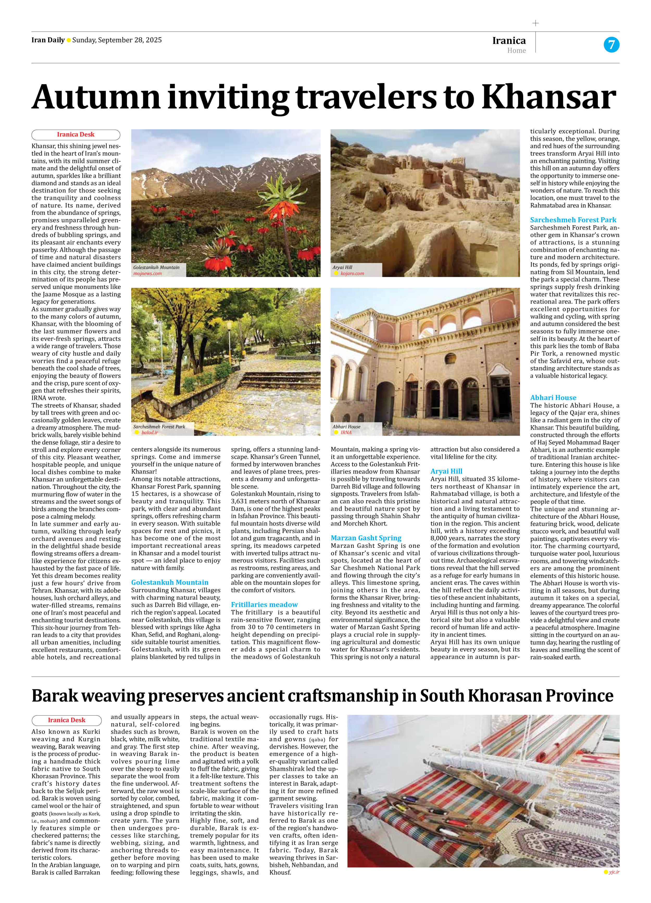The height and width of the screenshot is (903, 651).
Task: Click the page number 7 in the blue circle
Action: pos(611,44)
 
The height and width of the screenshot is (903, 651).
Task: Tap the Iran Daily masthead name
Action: pos(48,40)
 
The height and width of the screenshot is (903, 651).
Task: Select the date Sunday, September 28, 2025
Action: pos(117,40)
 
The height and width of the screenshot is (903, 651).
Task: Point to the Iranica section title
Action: pos(509,41)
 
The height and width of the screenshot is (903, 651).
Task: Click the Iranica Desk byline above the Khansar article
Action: pos(76,135)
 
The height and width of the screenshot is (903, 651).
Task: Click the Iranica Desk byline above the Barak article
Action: pos(66,720)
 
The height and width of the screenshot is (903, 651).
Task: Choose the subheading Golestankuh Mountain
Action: pos(170,582)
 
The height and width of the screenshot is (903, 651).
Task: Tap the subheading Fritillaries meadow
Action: pos(264,604)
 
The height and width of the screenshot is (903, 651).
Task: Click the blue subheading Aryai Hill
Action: pos(446,471)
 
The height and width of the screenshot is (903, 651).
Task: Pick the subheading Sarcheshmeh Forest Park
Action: pos(573,220)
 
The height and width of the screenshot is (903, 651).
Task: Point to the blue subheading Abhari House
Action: pos(553,397)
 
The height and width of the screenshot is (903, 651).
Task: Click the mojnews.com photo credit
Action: pos(147,273)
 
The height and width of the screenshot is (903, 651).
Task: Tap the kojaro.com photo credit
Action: pos(352,273)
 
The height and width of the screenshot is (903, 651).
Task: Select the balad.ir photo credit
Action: pos(150,432)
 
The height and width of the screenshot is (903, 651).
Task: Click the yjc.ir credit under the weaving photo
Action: pos(614,872)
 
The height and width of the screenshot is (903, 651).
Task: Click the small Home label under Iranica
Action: pos(516,51)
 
